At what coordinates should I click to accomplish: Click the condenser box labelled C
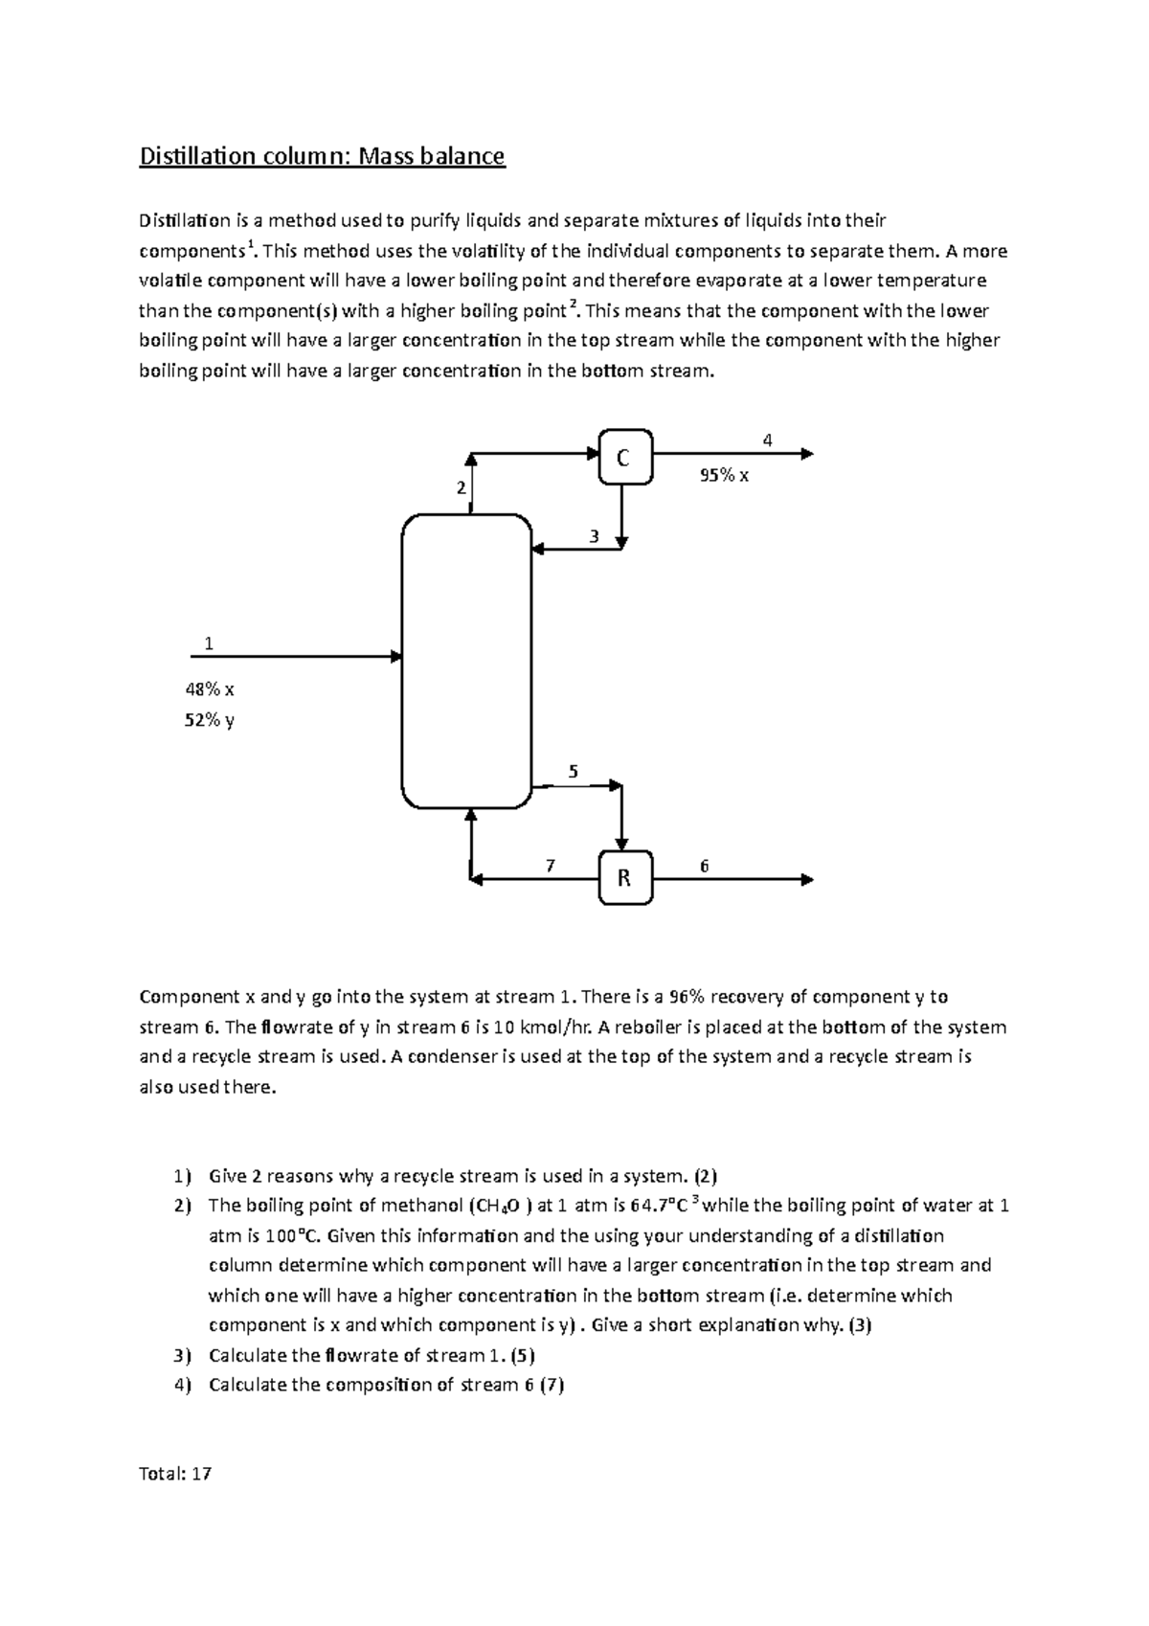click(x=625, y=458)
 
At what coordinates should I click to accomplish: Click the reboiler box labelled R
click(x=625, y=877)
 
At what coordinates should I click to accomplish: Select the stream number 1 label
click(x=209, y=644)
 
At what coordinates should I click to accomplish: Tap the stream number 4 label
click(x=767, y=440)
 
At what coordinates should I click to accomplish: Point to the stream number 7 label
click(x=550, y=866)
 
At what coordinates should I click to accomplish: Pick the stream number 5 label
click(x=574, y=771)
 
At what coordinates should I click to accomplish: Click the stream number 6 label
click(x=704, y=866)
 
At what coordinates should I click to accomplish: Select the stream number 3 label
click(x=594, y=537)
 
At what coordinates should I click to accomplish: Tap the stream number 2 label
click(x=461, y=488)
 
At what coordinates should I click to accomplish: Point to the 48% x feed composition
click(x=210, y=689)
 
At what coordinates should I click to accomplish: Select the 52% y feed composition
click(x=210, y=719)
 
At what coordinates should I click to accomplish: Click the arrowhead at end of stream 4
click(x=807, y=454)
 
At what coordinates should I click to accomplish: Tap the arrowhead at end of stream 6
click(x=807, y=879)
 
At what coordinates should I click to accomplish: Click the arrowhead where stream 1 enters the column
click(x=395, y=657)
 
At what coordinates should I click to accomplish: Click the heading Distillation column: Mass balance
click(x=322, y=156)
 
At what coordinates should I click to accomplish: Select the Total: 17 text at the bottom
click(x=175, y=1474)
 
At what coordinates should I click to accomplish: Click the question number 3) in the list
click(x=182, y=1355)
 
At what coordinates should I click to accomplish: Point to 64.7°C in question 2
click(x=663, y=1206)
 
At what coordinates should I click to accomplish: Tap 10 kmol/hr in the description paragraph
click(x=538, y=1028)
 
